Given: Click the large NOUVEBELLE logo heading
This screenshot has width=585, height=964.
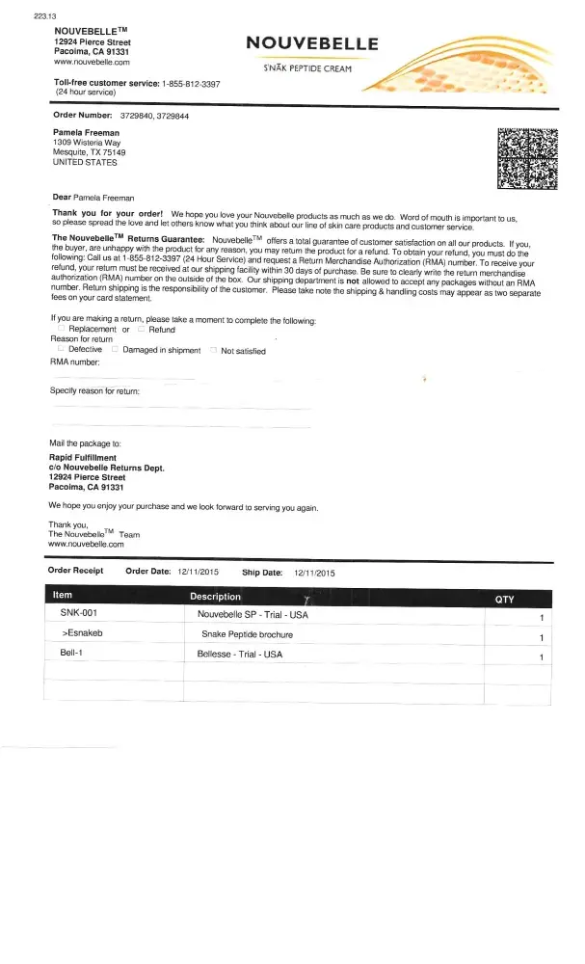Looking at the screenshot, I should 312,42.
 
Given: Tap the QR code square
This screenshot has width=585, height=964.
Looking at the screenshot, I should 526,156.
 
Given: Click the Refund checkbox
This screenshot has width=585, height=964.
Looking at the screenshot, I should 141,330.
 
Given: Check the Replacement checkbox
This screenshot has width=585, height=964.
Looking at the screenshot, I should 62,330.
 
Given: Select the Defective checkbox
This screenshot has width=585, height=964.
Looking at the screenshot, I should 62,350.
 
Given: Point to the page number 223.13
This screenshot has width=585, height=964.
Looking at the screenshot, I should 19,15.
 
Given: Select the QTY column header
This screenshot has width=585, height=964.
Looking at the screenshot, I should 504,599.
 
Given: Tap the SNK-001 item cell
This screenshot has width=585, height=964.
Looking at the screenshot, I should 78,614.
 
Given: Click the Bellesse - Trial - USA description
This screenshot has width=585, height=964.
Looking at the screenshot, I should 240,655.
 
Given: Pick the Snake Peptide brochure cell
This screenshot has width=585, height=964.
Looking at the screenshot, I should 247,634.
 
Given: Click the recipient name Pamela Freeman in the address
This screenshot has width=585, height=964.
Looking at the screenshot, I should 87,133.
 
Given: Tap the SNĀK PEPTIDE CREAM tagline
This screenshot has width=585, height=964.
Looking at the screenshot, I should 307,68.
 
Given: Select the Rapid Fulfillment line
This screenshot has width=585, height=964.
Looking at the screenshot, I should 83,457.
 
